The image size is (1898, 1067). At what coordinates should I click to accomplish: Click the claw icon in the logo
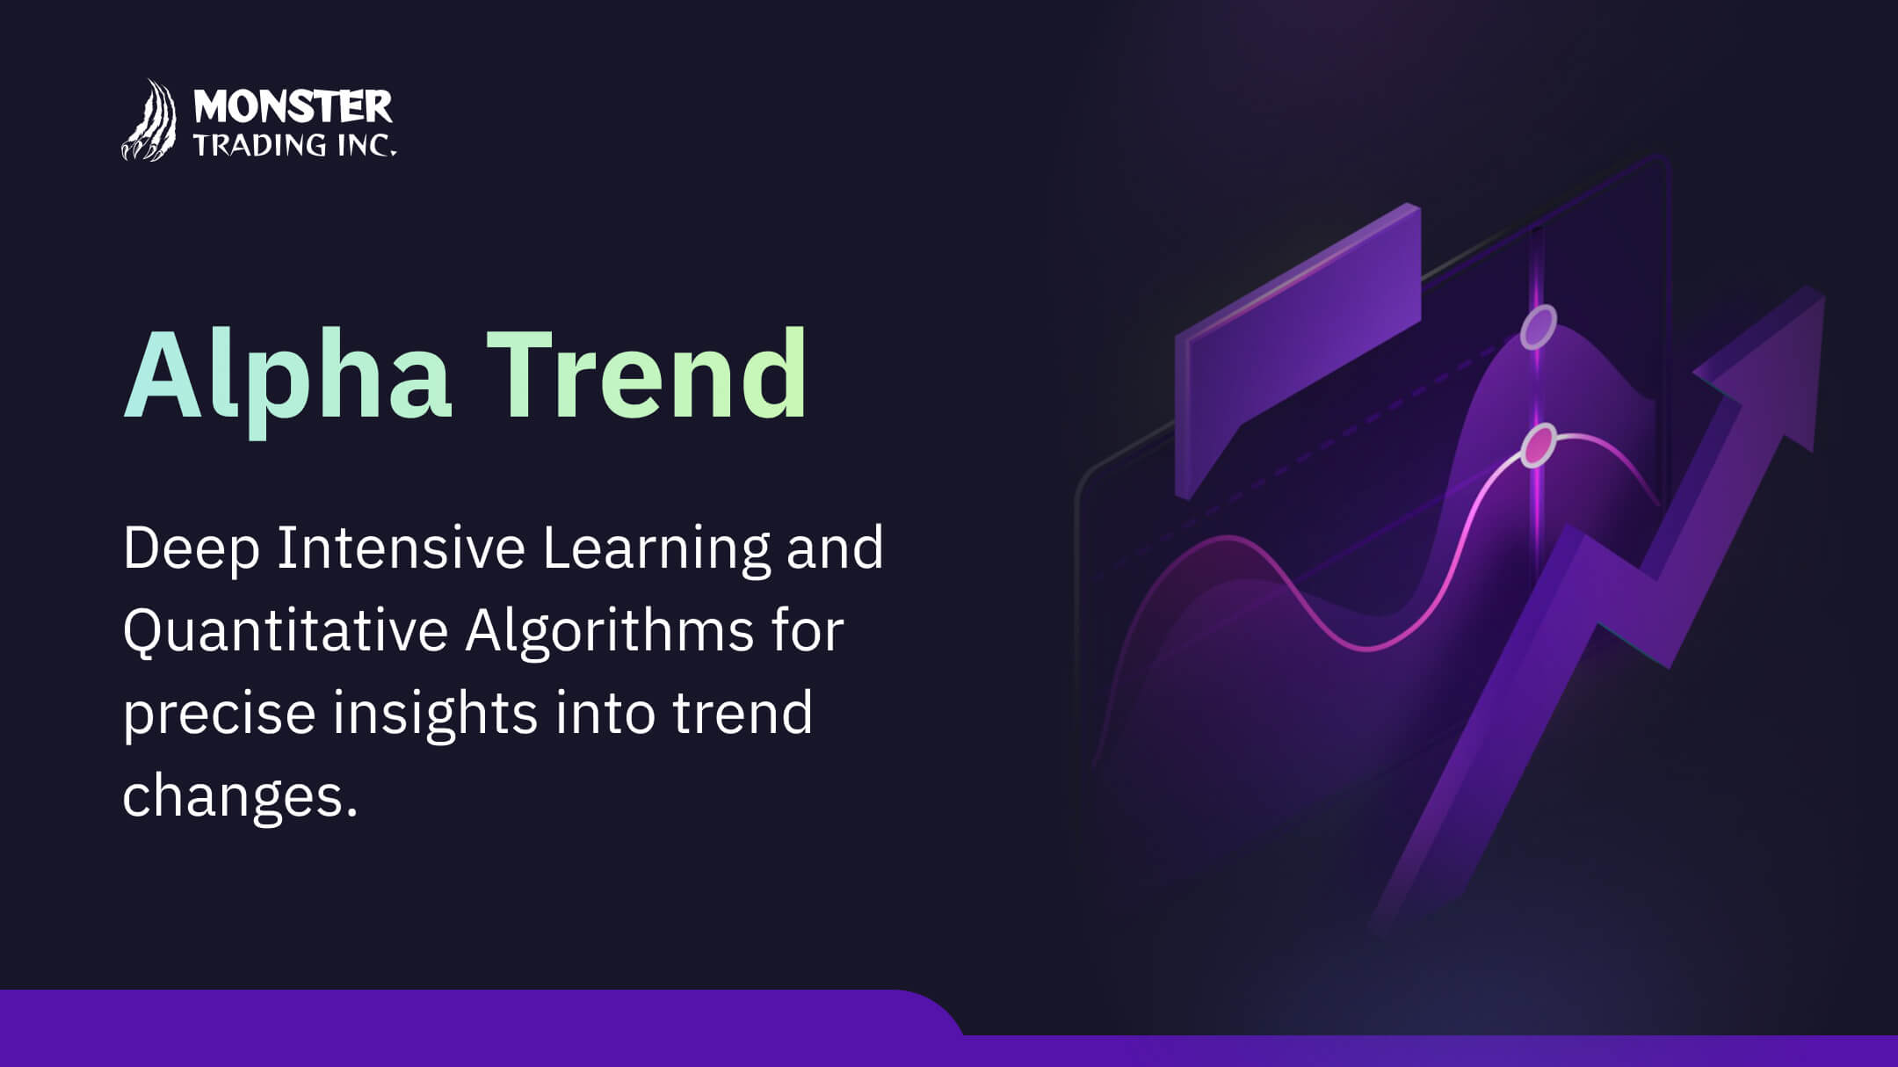click(149, 120)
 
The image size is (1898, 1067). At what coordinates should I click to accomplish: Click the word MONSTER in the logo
click(293, 107)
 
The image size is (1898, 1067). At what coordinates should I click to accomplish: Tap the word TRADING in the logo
click(259, 145)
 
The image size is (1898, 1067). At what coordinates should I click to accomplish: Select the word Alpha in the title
click(287, 375)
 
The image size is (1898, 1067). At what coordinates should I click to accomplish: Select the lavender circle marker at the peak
click(1539, 328)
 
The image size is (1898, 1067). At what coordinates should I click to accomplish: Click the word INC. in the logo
click(367, 145)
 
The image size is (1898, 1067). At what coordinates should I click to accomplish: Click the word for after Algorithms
click(808, 630)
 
